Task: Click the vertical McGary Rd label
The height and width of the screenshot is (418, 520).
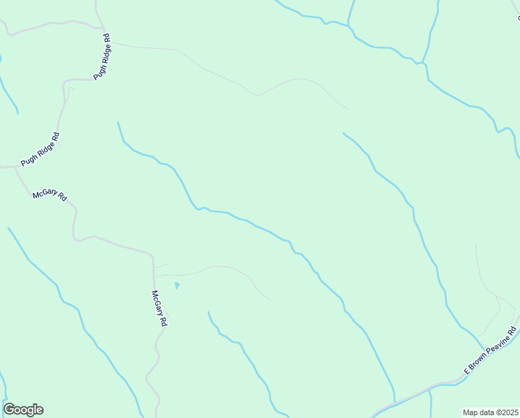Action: [x=160, y=309]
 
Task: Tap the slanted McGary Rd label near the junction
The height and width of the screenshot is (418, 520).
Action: [x=49, y=196]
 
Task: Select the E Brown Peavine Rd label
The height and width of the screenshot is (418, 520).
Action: [x=491, y=351]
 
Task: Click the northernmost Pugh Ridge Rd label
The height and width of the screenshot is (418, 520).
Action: [x=101, y=58]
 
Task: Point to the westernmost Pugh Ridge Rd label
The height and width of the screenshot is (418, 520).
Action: [x=40, y=149]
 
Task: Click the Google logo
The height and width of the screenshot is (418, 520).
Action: [x=23, y=410]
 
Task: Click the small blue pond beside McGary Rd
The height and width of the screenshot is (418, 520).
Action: [x=177, y=285]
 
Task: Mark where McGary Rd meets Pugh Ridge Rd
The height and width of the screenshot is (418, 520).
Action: [x=16, y=167]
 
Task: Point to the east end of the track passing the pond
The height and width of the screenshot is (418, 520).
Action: [x=270, y=300]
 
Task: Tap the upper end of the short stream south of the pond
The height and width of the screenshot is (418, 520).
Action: [x=209, y=312]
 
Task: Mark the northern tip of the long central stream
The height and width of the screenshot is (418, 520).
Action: [x=118, y=123]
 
